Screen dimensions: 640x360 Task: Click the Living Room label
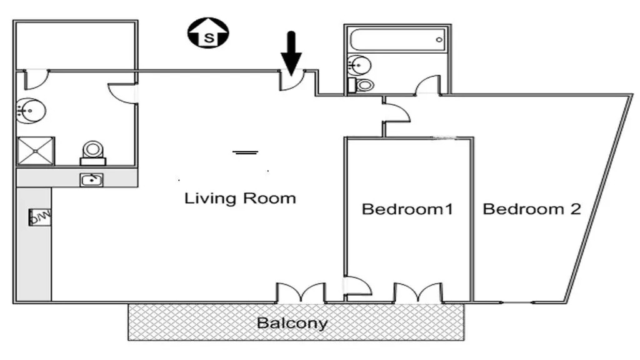point(240,198)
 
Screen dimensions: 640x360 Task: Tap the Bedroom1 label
point(407,209)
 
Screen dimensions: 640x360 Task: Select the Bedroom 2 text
point(532,209)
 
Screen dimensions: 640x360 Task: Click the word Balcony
point(292,323)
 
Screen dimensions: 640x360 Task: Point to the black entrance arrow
point(291,53)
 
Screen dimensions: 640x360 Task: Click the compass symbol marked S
point(208,32)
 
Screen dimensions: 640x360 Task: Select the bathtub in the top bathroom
point(397,39)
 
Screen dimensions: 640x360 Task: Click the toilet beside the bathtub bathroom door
point(361,85)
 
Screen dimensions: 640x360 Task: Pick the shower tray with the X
point(36,151)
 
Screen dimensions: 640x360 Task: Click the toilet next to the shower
point(93,153)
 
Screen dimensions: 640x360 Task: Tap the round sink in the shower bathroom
point(31,110)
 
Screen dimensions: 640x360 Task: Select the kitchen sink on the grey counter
point(91,179)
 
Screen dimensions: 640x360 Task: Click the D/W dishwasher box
point(40,217)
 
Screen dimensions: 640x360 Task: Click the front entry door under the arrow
point(292,79)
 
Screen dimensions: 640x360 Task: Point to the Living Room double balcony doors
point(301,293)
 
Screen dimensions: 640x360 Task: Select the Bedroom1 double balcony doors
point(418,293)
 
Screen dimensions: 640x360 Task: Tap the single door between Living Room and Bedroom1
point(357,286)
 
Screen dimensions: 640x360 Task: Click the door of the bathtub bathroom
point(427,85)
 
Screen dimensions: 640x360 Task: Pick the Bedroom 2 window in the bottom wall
point(518,302)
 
